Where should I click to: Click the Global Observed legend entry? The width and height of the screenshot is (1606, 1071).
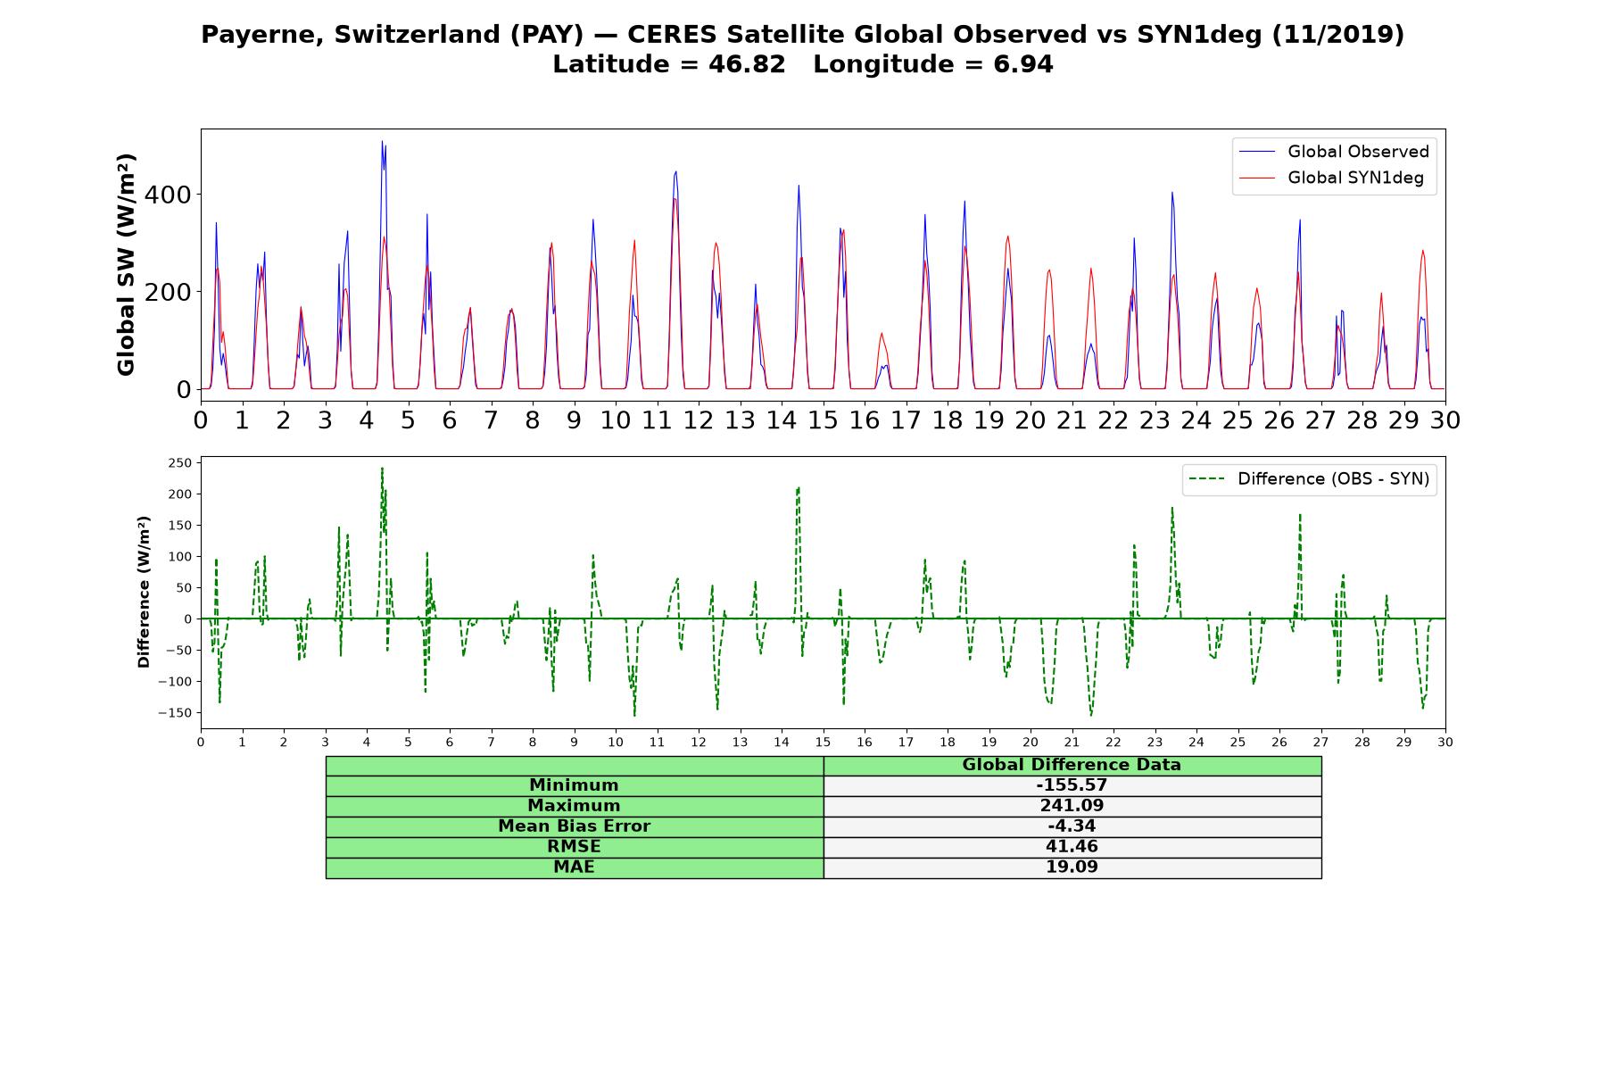tap(1334, 152)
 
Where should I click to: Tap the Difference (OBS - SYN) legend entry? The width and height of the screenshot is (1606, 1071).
tap(1310, 479)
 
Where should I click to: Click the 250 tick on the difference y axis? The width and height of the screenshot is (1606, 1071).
tap(179, 462)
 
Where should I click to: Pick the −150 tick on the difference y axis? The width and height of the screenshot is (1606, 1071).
tap(176, 712)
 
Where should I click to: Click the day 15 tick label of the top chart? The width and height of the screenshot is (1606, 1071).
tap(823, 419)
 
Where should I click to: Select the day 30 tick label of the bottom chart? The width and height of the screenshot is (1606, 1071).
tap(1445, 742)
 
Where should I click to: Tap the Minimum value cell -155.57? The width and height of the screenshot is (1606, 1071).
tap(1072, 785)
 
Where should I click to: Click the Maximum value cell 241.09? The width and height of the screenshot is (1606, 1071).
tap(1072, 806)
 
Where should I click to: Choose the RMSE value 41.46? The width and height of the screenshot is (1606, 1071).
tap(1072, 847)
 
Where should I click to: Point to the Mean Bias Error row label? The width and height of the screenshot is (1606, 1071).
tap(574, 826)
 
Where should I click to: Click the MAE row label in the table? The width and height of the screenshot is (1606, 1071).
tap(574, 868)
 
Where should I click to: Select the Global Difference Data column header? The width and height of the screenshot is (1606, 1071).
tap(1072, 765)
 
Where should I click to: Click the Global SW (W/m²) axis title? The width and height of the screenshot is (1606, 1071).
tap(126, 264)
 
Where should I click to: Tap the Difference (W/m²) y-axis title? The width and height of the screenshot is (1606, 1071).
tap(144, 592)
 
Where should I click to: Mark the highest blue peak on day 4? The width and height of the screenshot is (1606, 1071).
tap(382, 141)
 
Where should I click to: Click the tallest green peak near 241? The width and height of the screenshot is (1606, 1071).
tap(382, 468)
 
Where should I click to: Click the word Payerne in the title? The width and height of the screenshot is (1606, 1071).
tap(261, 35)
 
